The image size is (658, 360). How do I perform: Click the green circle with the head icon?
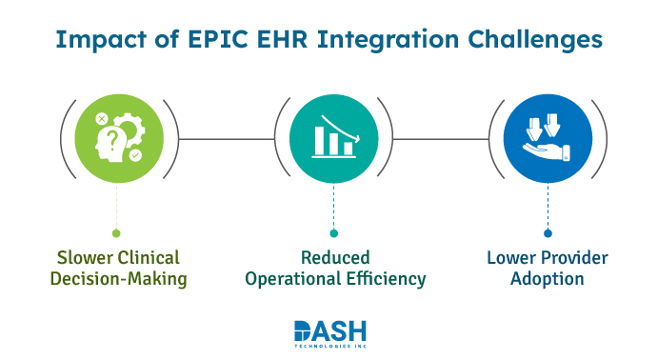pos(118,139)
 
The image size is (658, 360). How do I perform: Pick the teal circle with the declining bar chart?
pos(333,139)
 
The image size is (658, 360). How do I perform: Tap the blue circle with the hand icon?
pos(548,139)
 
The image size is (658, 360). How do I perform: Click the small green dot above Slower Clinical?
pos(117,232)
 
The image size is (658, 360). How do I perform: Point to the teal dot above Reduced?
pos(333,232)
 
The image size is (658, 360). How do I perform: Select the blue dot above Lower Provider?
pos(548,232)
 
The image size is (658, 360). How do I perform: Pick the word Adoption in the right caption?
pos(548,279)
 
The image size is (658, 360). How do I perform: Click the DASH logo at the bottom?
pos(329,332)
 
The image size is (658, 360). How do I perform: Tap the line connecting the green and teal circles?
pos(226,139)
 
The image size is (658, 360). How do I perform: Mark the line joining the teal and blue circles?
pos(441,139)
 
